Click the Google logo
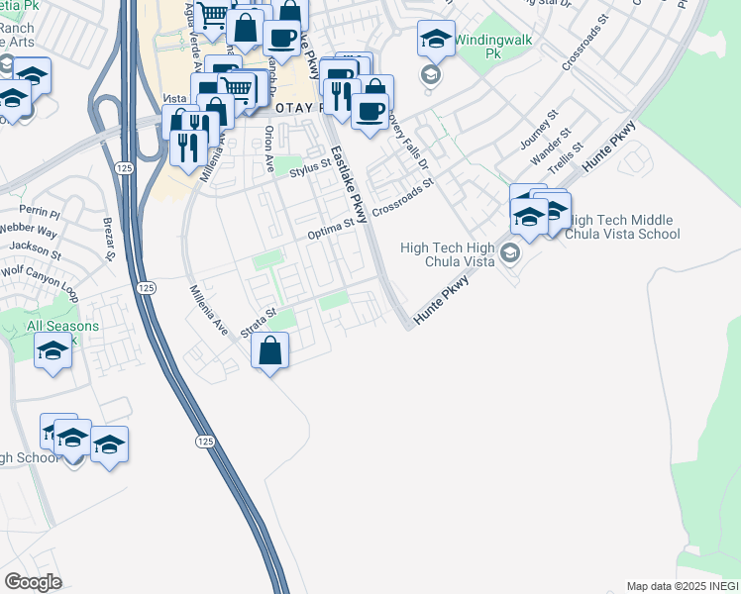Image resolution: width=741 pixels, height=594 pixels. [33, 582]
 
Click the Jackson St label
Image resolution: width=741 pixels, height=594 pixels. [39, 247]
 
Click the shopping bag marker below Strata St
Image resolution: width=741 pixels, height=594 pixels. [269, 350]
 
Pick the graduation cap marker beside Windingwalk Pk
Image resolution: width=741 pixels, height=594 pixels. [436, 41]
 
